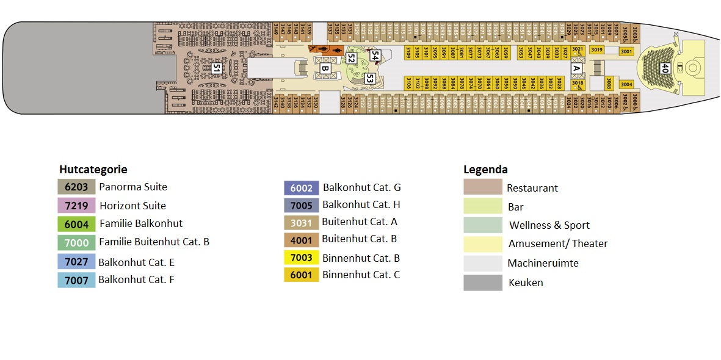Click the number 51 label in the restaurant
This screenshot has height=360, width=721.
click(x=216, y=68)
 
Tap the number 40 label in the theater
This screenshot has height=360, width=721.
click(x=664, y=69)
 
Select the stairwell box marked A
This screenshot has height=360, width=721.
click(x=575, y=69)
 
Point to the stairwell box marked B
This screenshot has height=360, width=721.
click(x=325, y=69)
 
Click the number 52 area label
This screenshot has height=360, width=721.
click(x=350, y=59)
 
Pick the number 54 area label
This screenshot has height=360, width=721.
click(x=375, y=56)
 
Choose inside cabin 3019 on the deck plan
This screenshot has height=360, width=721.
click(x=597, y=50)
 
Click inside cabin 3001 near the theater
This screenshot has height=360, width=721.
click(x=626, y=52)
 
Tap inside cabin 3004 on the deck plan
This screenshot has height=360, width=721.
click(x=626, y=84)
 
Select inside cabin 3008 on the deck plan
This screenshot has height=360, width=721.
click(x=609, y=83)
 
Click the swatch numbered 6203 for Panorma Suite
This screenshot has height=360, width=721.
click(x=76, y=187)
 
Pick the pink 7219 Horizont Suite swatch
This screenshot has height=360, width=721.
click(x=76, y=206)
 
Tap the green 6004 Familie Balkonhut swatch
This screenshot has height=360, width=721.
click(x=76, y=224)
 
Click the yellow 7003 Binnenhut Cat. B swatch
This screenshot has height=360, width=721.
click(x=302, y=258)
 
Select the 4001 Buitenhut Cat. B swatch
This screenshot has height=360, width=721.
click(x=302, y=239)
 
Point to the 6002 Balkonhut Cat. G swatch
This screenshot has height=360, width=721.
click(x=302, y=189)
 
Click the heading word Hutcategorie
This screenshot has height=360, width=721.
click(x=93, y=170)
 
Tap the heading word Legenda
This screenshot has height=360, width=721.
click(x=485, y=170)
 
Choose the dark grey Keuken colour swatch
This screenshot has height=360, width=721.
click(x=482, y=283)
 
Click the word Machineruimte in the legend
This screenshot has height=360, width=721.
click(x=543, y=264)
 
